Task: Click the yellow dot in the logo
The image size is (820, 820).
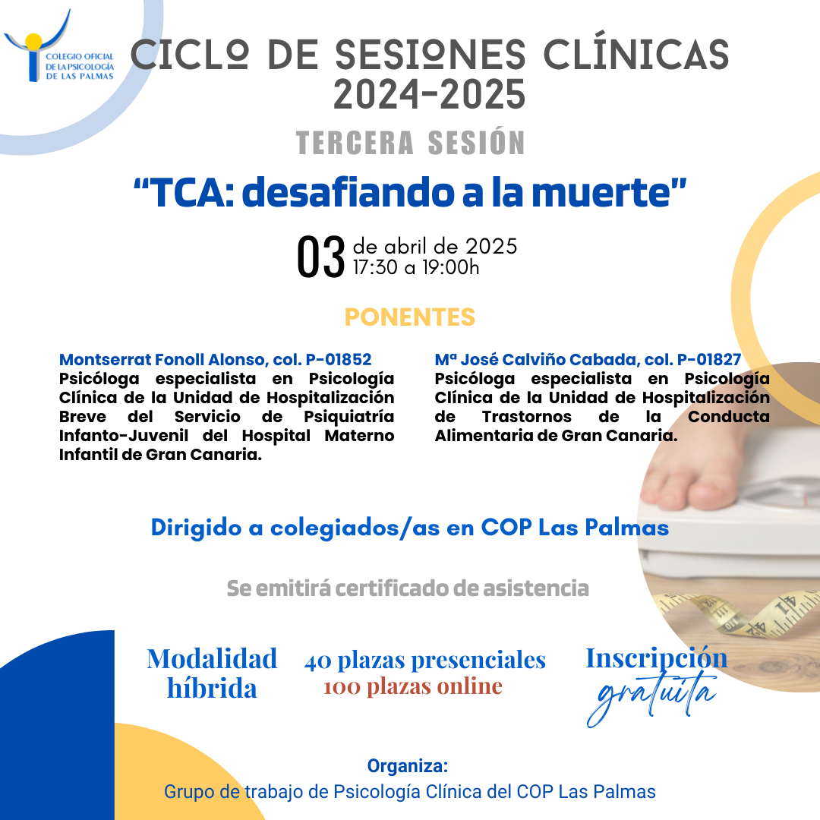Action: coord(33,41)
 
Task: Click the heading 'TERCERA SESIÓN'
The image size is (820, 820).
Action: coord(411,142)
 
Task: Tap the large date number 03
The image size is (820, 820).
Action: coord(320,257)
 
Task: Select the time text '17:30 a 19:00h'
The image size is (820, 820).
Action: coord(416,267)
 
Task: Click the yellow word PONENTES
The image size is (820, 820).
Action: coord(410,317)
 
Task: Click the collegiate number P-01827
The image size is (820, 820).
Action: coord(709,360)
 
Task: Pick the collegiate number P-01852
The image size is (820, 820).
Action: coord(339,360)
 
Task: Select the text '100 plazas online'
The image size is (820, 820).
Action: coord(413,686)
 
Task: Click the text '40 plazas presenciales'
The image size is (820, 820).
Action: coord(425,661)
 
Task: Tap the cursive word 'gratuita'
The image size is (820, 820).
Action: coord(652,699)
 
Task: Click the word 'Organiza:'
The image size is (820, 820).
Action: coord(408,765)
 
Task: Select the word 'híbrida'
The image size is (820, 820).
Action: coord(212,688)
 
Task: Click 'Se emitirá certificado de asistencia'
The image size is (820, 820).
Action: coord(408,588)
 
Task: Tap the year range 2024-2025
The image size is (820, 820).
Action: coord(429,95)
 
